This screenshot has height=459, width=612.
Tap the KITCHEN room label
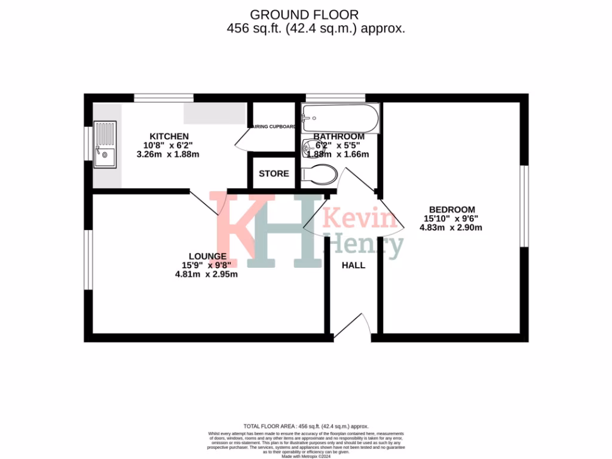coord(169,136)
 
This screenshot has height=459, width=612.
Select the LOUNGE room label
coord(208,256)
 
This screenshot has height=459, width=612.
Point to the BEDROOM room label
coord(452,210)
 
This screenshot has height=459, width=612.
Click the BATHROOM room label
coord(339,136)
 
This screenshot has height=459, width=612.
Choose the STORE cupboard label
coord(274,174)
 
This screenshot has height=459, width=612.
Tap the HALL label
coord(353,265)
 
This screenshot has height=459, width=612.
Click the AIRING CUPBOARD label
coord(274,127)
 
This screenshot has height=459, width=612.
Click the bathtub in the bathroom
coord(340,118)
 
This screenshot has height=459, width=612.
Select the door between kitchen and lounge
coord(207,203)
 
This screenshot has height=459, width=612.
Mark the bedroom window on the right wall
coord(524,206)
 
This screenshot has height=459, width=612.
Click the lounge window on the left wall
coord(88,259)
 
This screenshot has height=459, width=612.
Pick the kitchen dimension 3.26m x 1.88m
coord(168,154)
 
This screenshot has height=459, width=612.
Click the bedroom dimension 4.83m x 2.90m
coord(451,227)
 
